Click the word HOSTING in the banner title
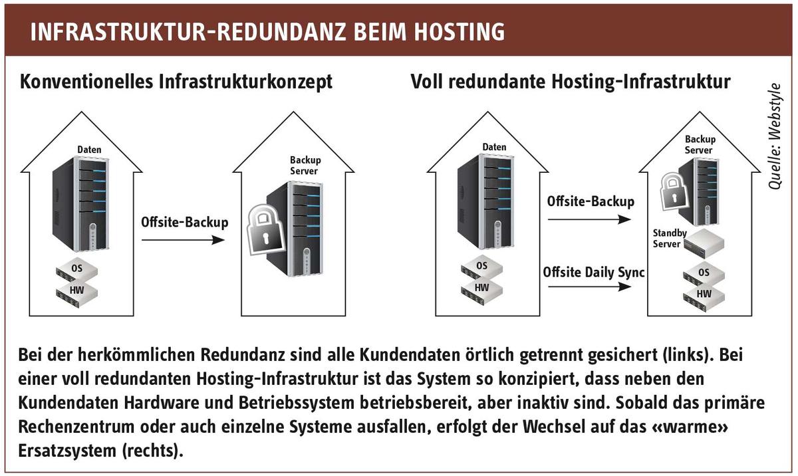(x=460, y=32)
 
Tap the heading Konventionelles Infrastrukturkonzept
(x=176, y=82)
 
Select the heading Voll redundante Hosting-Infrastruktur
(x=571, y=82)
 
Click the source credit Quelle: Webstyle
(x=775, y=136)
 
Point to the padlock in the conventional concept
(x=265, y=229)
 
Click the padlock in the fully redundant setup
(x=673, y=192)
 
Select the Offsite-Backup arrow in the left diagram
(x=183, y=240)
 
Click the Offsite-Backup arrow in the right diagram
(x=590, y=219)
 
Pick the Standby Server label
(x=670, y=238)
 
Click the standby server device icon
(x=704, y=243)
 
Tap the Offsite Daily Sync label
(x=593, y=273)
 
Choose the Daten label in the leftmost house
(x=89, y=150)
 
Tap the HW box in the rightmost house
(x=704, y=297)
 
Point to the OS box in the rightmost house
(x=704, y=275)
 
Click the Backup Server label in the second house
(x=305, y=166)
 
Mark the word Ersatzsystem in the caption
(x=67, y=451)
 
